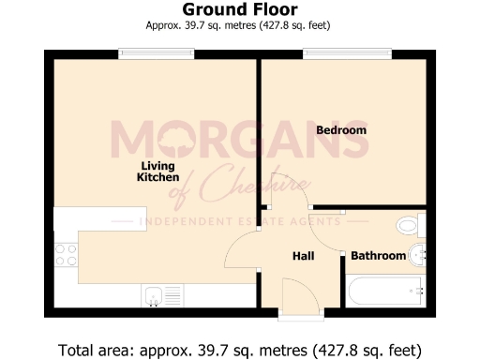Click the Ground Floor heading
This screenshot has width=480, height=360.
(240, 10)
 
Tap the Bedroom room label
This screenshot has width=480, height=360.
(340, 129)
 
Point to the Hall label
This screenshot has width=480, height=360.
(302, 256)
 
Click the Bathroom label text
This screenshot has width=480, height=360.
(378, 256)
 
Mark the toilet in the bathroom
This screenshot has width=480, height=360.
(411, 225)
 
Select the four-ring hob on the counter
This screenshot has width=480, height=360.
(66, 254)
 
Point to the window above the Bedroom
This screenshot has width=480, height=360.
(330, 54)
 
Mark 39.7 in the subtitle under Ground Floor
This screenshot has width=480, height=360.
(197, 25)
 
